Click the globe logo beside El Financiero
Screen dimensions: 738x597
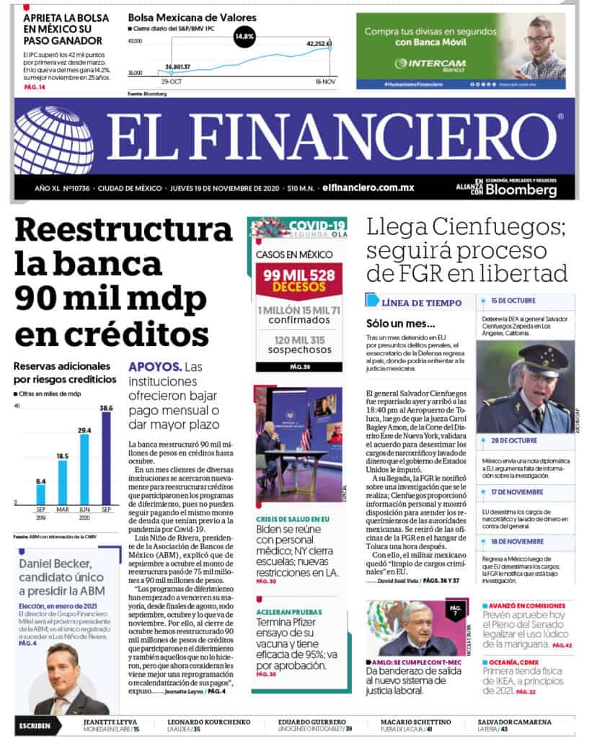pyautogui.click(x=53, y=140)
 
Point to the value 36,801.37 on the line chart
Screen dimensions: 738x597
pyautogui.click(x=177, y=67)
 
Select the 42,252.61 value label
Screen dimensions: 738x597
pyautogui.click(x=319, y=44)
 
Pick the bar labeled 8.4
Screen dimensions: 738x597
pyautogui.click(x=41, y=494)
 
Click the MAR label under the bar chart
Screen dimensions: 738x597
pyautogui.click(x=63, y=510)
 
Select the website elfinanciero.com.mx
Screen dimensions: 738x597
pyautogui.click(x=368, y=187)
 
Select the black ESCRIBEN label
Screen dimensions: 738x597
pyautogui.click(x=35, y=725)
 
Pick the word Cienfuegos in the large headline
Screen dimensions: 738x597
pyautogui.click(x=489, y=227)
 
